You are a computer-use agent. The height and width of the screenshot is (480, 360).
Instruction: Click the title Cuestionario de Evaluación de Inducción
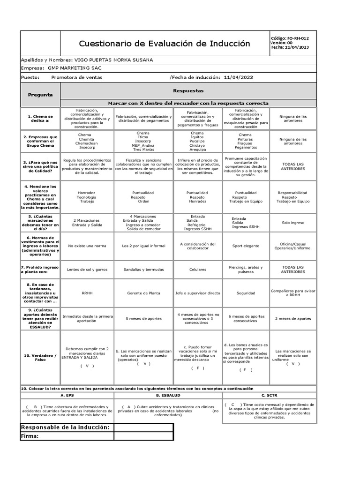pos(164,44)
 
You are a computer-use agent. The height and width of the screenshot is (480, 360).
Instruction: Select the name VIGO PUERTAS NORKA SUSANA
pos(113,60)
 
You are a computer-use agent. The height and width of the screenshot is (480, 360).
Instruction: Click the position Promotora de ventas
pos(76,77)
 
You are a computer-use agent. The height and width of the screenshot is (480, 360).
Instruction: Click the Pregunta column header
pos(40,95)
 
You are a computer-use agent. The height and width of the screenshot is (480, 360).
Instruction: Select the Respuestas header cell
pos(188,90)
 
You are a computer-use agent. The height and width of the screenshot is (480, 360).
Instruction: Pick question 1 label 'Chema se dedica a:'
pos(40,118)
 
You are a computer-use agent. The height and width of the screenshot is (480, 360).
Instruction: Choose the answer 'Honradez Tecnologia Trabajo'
pos(88,197)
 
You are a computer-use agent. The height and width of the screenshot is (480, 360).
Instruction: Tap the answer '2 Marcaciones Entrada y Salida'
pos(88,223)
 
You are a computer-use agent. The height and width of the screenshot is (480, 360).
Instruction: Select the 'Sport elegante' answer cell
pos(246,246)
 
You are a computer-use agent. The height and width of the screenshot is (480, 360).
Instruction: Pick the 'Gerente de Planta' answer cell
pos(144,293)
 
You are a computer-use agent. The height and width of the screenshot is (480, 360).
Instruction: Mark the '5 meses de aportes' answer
pos(144,318)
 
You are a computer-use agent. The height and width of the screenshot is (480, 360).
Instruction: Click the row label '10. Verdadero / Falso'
pos(40,358)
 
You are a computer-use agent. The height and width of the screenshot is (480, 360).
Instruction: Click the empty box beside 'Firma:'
pos(143,436)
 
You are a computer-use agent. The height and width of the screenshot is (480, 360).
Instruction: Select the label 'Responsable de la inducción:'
pos(65,427)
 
